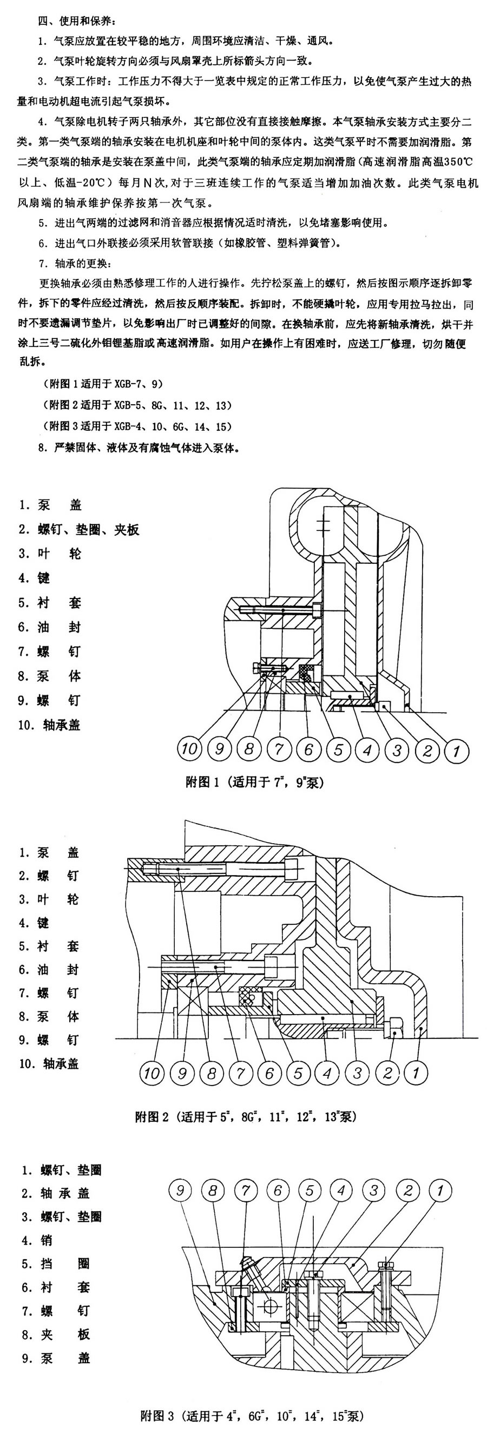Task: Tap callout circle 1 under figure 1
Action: click(x=456, y=751)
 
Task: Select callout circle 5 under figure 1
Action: click(x=338, y=750)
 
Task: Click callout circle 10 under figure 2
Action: click(x=152, y=1072)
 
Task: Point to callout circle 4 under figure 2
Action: click(x=327, y=1072)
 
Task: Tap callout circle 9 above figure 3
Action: click(x=181, y=1190)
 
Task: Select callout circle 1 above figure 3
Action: click(x=440, y=1190)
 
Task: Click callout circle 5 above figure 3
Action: click(x=310, y=1190)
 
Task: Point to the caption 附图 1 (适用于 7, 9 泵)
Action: click(x=255, y=783)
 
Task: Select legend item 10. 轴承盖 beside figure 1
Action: click(x=49, y=725)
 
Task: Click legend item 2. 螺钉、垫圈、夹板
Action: click(x=78, y=529)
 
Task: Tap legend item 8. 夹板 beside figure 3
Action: click(x=56, y=1334)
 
